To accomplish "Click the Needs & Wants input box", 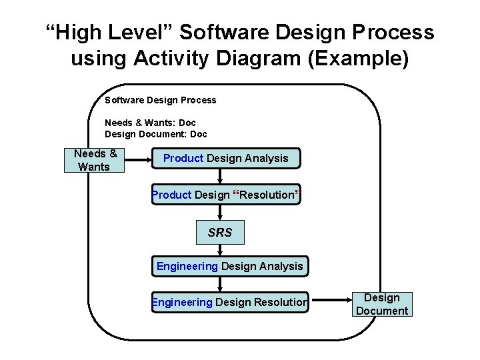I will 94,160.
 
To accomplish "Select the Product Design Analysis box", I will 226,159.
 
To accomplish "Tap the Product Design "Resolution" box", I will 226,195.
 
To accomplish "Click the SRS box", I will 220,233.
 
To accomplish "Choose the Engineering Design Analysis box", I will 229,267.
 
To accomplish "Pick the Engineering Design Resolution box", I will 230,303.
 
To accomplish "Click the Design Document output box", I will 382,304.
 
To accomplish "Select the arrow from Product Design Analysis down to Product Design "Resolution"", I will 221,176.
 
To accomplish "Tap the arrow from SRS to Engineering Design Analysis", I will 220,250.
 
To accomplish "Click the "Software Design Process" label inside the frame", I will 161,100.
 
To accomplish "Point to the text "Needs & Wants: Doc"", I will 150,123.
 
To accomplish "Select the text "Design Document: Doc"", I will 156,134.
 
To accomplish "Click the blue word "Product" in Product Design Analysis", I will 183,159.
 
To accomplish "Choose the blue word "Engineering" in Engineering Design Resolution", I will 183,303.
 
